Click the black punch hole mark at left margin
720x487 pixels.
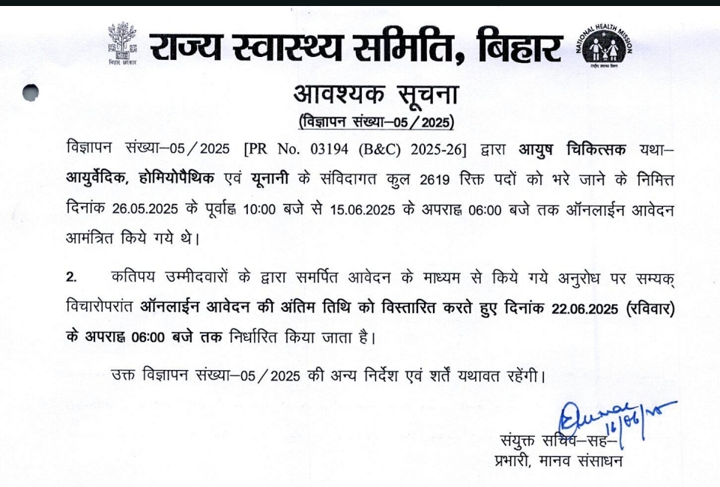(x=31, y=93)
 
